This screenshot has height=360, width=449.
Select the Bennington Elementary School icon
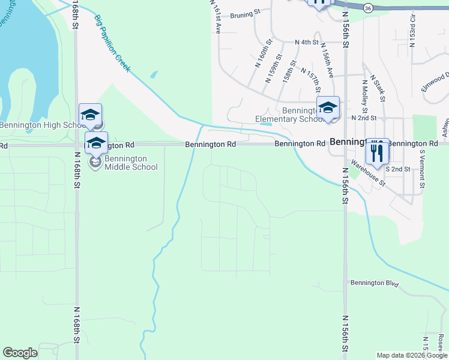pyautogui.click(x=328, y=108)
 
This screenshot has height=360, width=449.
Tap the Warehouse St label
pyautogui.click(x=368, y=172)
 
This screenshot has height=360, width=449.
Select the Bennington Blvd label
pyautogui.click(x=375, y=283)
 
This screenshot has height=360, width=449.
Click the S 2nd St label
pyautogui.click(x=397, y=169)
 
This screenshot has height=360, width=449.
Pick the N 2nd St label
pyautogui.click(x=364, y=118)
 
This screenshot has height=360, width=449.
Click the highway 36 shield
pyautogui.click(x=369, y=8)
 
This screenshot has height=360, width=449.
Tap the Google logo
pyautogui.click(x=20, y=353)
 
